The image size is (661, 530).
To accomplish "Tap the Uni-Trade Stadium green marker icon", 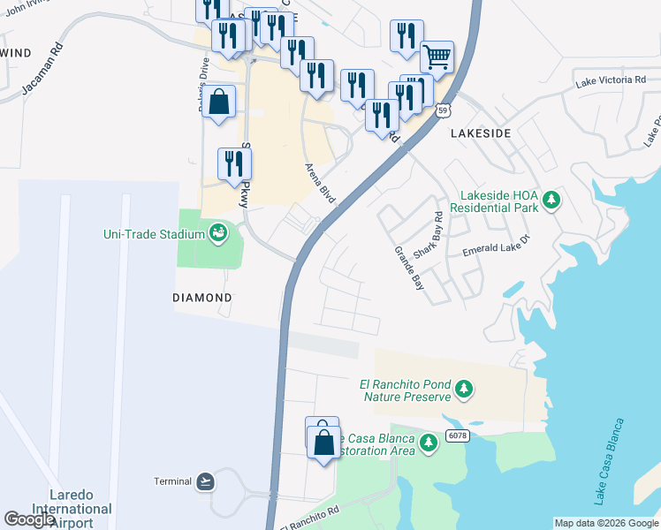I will tap(218, 233).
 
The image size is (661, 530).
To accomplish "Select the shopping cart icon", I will tap(437, 57).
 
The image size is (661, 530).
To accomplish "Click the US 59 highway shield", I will tap(444, 110).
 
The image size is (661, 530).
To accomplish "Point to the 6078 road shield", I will tap(456, 435).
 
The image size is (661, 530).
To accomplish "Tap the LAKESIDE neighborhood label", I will tap(481, 132).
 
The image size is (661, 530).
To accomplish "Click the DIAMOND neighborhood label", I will tap(201, 299).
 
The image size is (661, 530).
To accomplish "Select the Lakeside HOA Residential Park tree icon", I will tap(551, 201).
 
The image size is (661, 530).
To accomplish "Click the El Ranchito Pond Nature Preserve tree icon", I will tap(463, 389).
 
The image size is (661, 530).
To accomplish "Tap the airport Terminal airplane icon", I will tap(205, 481).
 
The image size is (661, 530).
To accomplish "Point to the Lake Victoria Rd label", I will tap(610, 81).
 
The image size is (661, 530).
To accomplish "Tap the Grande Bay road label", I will tap(408, 268).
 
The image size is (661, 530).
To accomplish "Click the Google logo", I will tap(29, 519).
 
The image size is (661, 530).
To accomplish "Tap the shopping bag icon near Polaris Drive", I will tap(219, 101).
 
